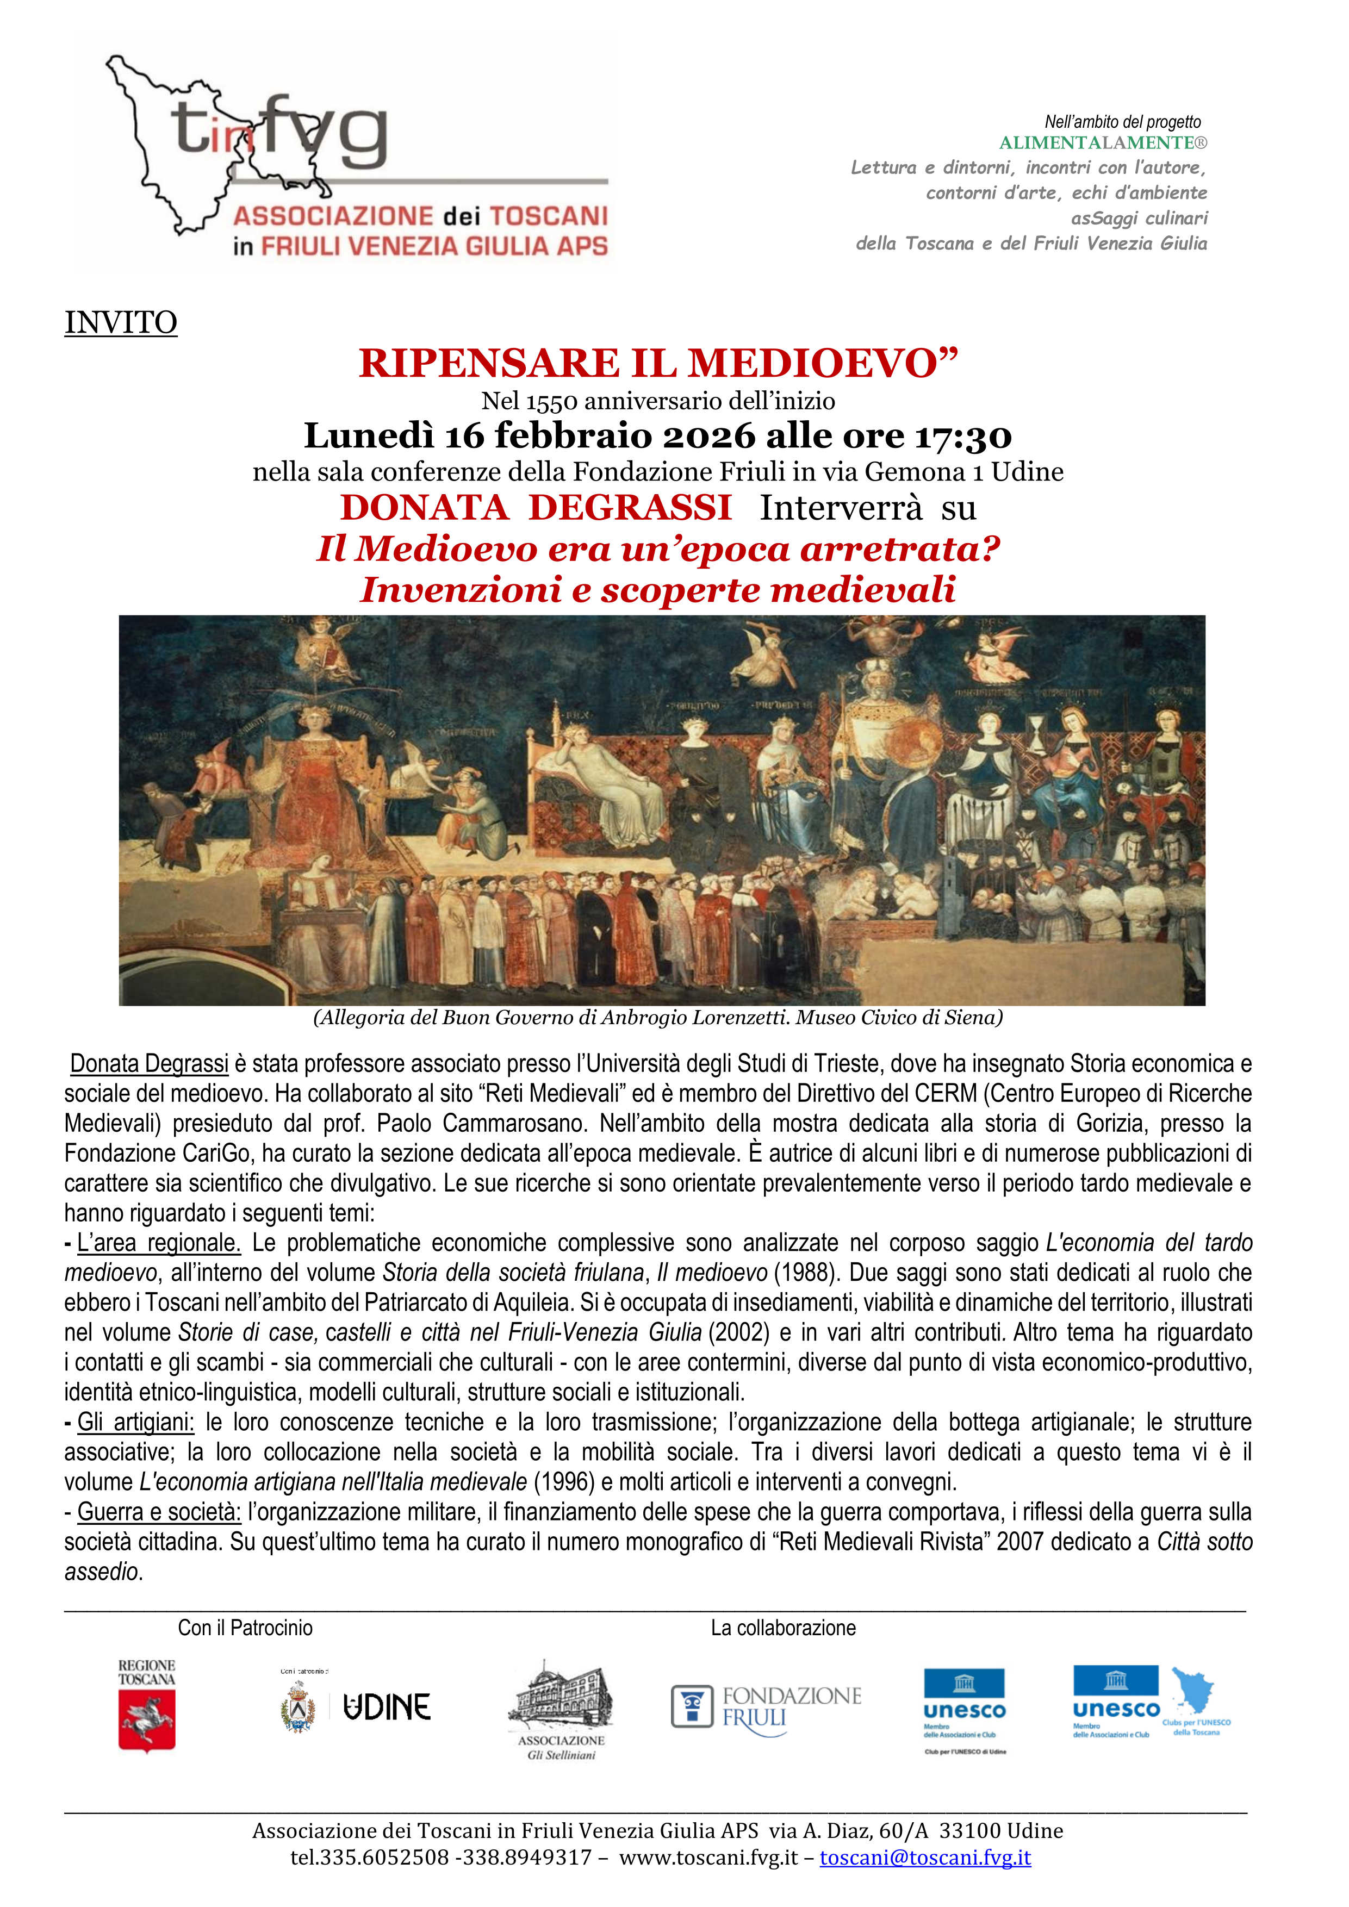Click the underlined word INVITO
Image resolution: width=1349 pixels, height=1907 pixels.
(x=121, y=322)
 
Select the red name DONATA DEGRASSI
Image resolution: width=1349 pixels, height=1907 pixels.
(x=536, y=508)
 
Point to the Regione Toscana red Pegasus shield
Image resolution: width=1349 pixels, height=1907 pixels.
(x=147, y=1725)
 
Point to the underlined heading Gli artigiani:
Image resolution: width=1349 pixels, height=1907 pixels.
(x=134, y=1422)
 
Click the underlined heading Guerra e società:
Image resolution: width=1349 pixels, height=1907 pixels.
(x=159, y=1512)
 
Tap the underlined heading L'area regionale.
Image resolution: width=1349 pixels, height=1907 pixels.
(x=158, y=1243)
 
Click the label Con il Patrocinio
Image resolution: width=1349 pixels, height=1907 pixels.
(x=245, y=1628)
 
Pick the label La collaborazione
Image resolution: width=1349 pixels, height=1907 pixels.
(x=782, y=1628)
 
